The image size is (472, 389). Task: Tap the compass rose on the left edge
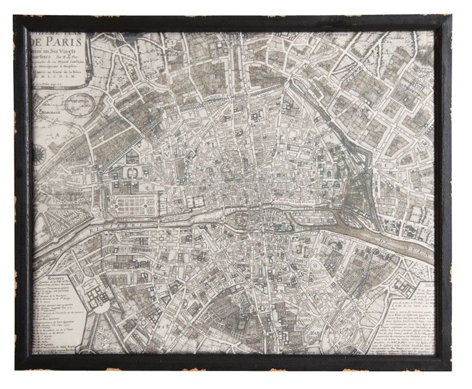click(x=39, y=154)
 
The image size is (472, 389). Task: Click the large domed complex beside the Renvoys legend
click(x=96, y=298)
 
